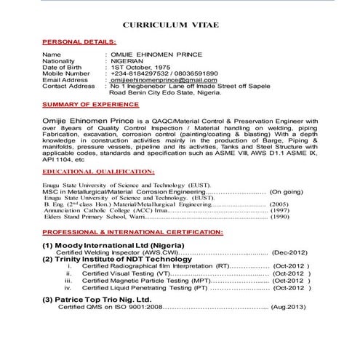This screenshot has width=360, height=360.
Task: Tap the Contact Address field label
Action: click(69, 86)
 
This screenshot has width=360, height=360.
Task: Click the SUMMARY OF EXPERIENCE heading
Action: click(86, 105)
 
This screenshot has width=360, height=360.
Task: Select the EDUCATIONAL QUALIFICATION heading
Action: click(98, 173)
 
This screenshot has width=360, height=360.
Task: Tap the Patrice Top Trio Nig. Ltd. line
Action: click(106, 299)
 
